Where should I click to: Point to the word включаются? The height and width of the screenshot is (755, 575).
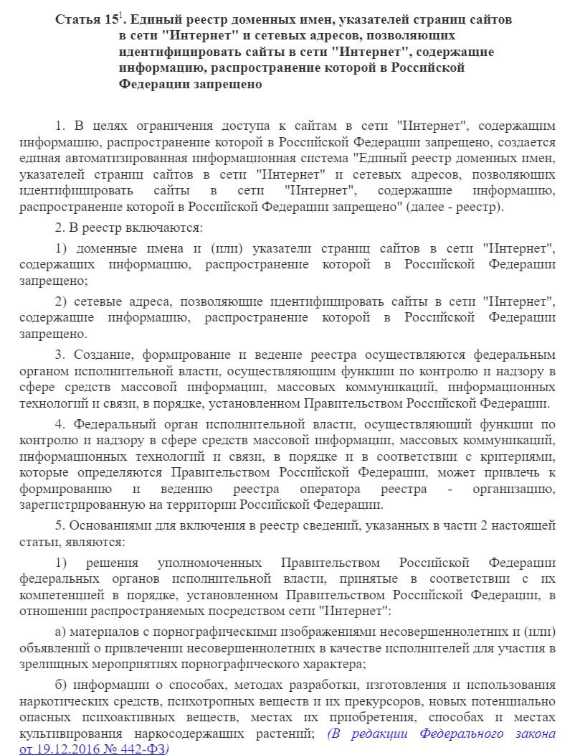tap(166, 228)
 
